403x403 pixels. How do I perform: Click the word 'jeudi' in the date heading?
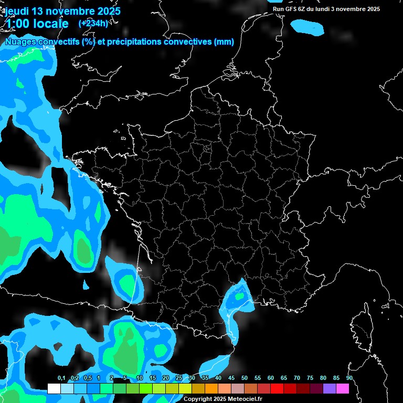tap(17, 11)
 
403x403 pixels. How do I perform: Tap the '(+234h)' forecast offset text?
tap(93, 23)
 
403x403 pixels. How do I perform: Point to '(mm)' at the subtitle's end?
tap(224, 42)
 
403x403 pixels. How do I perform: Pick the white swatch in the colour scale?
tap(54, 389)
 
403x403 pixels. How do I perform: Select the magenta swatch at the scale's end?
tap(343, 389)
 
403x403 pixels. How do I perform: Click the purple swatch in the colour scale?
tap(330, 389)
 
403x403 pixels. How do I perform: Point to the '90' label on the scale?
tap(349, 378)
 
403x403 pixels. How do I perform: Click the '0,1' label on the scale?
tap(61, 378)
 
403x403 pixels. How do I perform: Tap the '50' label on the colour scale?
tap(245, 378)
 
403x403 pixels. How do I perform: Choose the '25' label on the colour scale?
tap(179, 378)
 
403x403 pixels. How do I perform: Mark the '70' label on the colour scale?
tap(297, 378)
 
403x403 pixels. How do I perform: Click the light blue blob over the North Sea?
tap(307, 27)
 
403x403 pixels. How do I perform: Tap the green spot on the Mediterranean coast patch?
tap(240, 296)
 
